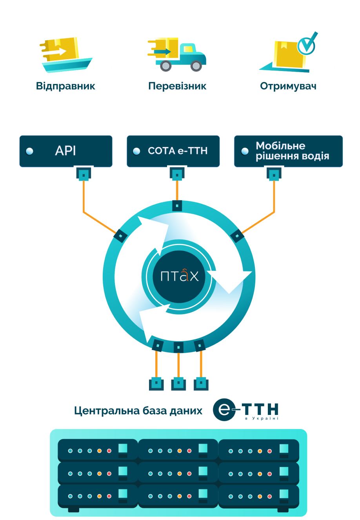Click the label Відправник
tap(65, 86)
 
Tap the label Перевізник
tap(177, 86)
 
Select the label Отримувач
tap(288, 86)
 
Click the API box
tap(66, 151)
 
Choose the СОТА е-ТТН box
tap(173, 151)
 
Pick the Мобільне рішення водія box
tap(288, 151)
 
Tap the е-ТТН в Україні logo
tap(245, 410)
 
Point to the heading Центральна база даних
tap(138, 411)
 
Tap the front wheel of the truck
tap(196, 66)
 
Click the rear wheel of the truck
tap(166, 66)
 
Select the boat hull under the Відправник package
tap(67, 65)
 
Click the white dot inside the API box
tap(29, 151)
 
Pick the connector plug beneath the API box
tap(84, 174)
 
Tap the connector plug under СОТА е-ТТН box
tap(177, 174)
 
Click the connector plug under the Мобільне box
tap(274, 174)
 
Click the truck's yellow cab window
tap(188, 49)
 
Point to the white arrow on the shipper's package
tap(60, 51)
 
